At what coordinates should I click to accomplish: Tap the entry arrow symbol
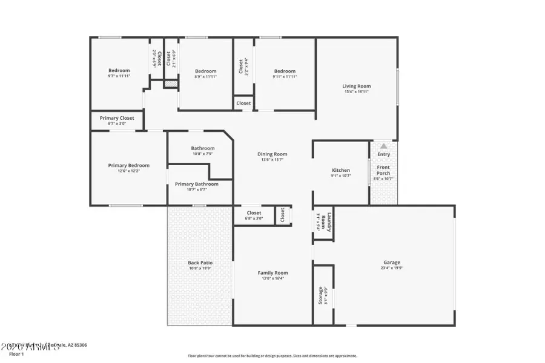click(383, 146)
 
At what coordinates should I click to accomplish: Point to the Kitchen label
click(341, 170)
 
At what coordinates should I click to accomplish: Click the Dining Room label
click(272, 154)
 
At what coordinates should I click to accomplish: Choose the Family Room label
click(272, 273)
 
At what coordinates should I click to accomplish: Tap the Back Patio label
click(200, 263)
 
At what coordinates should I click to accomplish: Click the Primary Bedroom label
click(128, 165)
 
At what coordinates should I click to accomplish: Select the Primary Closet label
click(117, 118)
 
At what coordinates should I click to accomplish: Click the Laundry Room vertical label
click(323, 222)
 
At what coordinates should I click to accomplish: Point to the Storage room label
click(321, 295)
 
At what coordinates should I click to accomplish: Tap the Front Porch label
click(384, 170)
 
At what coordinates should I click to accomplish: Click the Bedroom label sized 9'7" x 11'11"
click(119, 71)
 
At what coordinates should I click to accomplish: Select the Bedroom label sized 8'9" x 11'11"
click(205, 71)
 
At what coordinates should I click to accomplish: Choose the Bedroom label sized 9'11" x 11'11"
click(284, 71)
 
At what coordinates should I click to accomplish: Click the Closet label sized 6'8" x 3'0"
click(254, 213)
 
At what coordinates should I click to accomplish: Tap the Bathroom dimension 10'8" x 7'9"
click(202, 154)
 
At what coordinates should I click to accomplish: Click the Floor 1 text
click(16, 353)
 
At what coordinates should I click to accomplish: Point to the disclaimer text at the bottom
click(272, 356)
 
